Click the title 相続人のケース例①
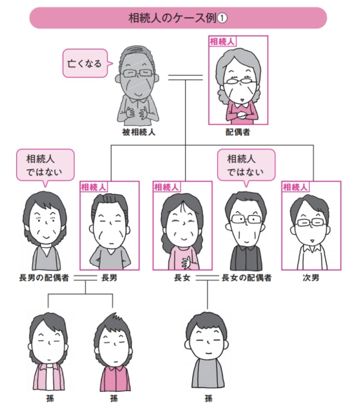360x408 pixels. coord(179,17)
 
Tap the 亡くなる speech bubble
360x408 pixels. coord(86,62)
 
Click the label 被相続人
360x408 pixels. coord(138,131)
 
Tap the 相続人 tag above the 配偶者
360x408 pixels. coord(222,41)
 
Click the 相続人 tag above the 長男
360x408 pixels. coord(94,187)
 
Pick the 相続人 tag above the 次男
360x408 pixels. coord(295,187)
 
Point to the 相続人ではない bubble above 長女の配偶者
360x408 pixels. coord(244,165)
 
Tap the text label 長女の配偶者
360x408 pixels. coord(247,278)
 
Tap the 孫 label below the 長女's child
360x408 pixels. coord(207,397)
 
